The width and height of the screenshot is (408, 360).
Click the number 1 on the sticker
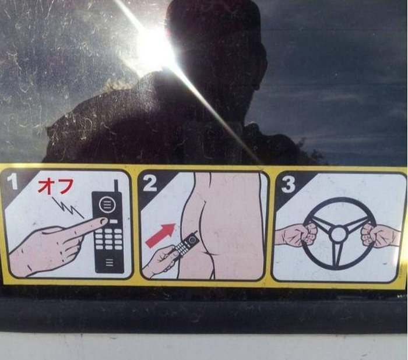(x=13, y=182)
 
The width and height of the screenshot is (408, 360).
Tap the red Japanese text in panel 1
(x=56, y=186)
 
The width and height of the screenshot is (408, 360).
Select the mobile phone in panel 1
(x=109, y=231)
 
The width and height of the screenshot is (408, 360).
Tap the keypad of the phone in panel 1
(x=109, y=238)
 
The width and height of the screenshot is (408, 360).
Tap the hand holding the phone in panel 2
(x=161, y=261)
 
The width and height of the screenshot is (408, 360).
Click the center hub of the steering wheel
(x=338, y=234)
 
